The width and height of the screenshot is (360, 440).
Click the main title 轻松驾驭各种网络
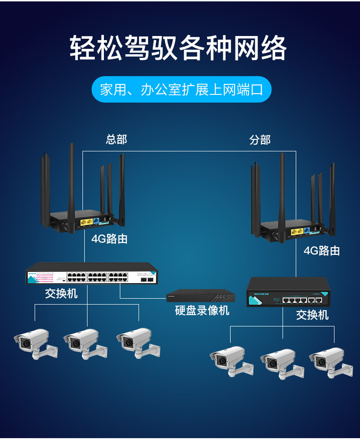pyautogui.click(x=179, y=47)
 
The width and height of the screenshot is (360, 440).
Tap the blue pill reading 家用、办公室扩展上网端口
pyautogui.click(x=181, y=89)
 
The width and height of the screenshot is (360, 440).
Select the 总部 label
pyautogui.click(x=116, y=139)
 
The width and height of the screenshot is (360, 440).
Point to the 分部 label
pyautogui.click(x=260, y=140)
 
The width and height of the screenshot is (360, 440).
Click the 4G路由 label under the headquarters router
pyautogui.click(x=109, y=239)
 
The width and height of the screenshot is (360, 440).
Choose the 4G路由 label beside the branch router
pyautogui.click(x=322, y=251)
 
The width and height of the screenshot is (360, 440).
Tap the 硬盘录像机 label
pyautogui.click(x=202, y=311)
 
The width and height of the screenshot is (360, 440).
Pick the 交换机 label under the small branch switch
pyautogui.click(x=312, y=315)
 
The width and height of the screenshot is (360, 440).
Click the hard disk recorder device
pyautogui.click(x=201, y=296)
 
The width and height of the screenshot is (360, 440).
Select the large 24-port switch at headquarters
pyautogui.click(x=92, y=275)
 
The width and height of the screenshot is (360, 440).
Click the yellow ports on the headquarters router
pyautogui.click(x=86, y=223)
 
